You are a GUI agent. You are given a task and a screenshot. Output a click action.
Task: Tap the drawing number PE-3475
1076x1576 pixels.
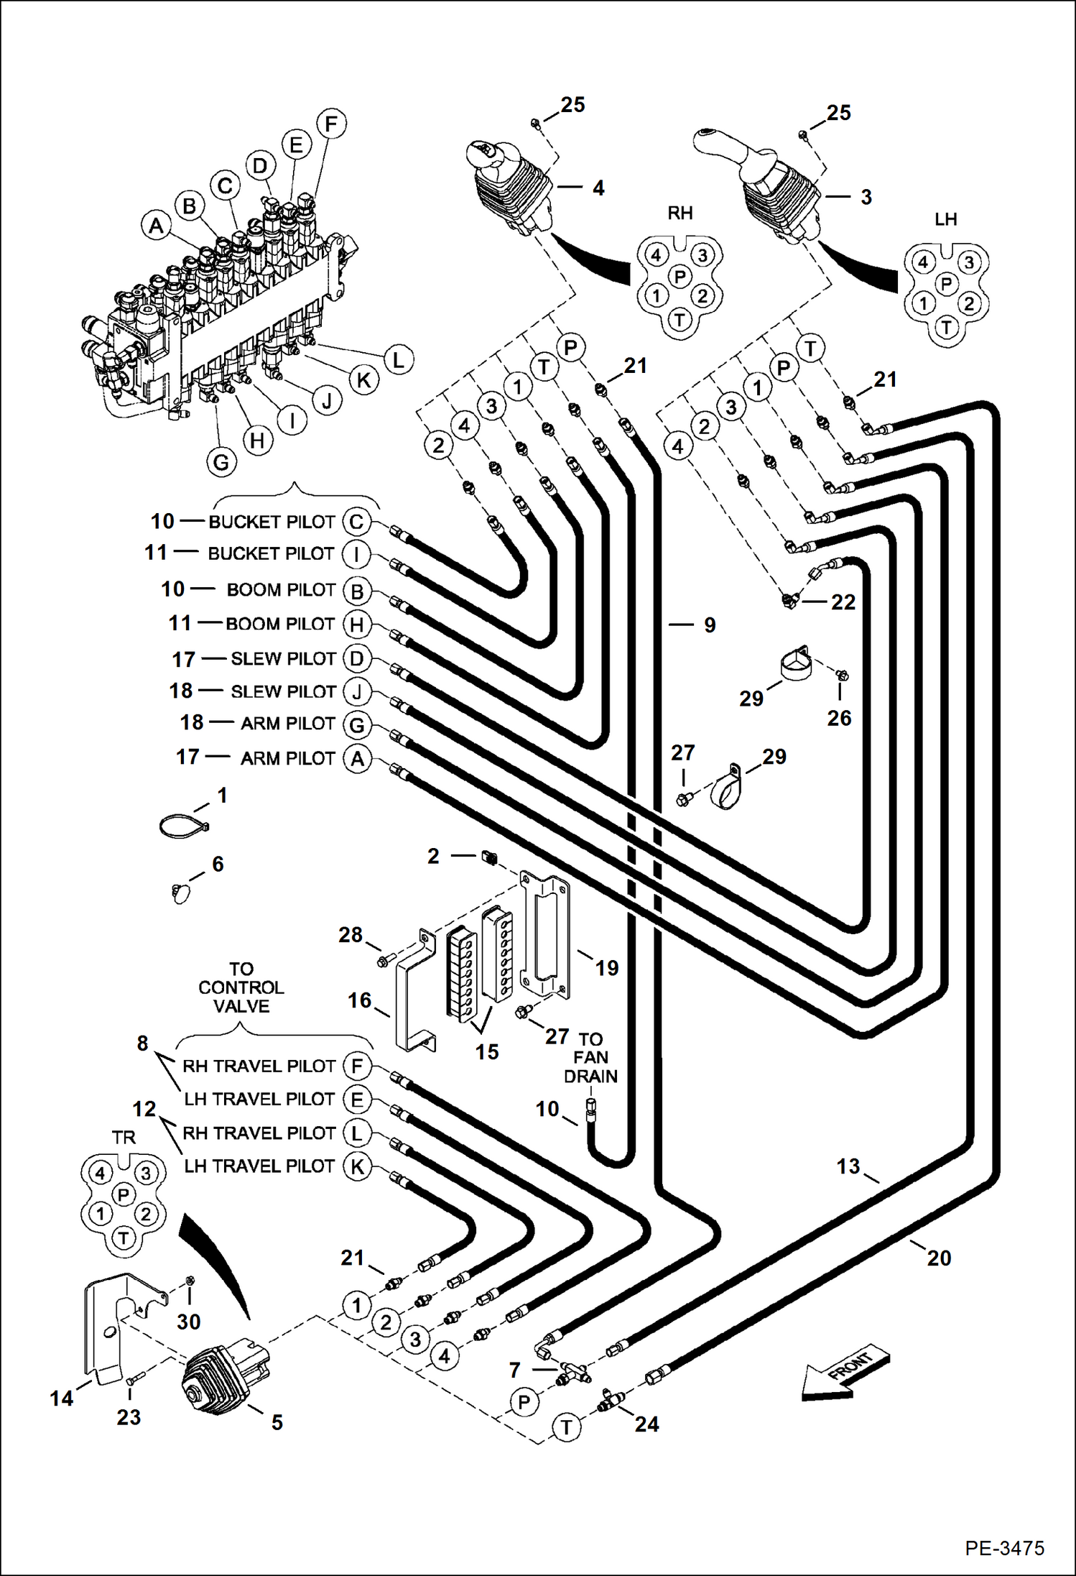click(1004, 1548)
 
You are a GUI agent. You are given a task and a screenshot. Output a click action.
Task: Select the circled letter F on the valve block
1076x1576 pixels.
click(330, 124)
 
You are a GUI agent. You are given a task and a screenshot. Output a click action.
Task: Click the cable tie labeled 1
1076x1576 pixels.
click(184, 826)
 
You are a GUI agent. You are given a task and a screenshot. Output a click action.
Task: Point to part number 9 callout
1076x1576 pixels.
click(709, 625)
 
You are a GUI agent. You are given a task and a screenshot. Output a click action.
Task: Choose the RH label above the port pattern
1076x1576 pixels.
click(680, 213)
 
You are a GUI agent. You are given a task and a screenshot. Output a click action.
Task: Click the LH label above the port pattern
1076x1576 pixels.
click(945, 219)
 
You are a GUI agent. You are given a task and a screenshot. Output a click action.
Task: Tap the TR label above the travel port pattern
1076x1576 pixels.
click(124, 1137)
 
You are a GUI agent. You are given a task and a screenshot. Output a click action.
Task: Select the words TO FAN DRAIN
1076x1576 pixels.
click(590, 1057)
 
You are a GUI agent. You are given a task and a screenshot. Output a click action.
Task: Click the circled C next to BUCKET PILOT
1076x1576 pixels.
click(356, 521)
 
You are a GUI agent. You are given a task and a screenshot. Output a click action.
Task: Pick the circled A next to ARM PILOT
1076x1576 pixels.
click(357, 758)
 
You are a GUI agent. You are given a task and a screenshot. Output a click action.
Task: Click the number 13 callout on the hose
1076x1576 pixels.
click(848, 1166)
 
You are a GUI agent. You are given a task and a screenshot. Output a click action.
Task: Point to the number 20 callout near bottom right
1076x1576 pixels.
click(938, 1257)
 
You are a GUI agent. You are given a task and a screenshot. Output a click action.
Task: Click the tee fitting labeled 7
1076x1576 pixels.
click(573, 1370)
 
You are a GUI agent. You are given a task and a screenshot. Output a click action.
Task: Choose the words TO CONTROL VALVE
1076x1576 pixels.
click(241, 987)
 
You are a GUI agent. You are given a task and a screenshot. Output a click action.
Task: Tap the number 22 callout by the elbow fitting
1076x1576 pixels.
click(843, 602)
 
